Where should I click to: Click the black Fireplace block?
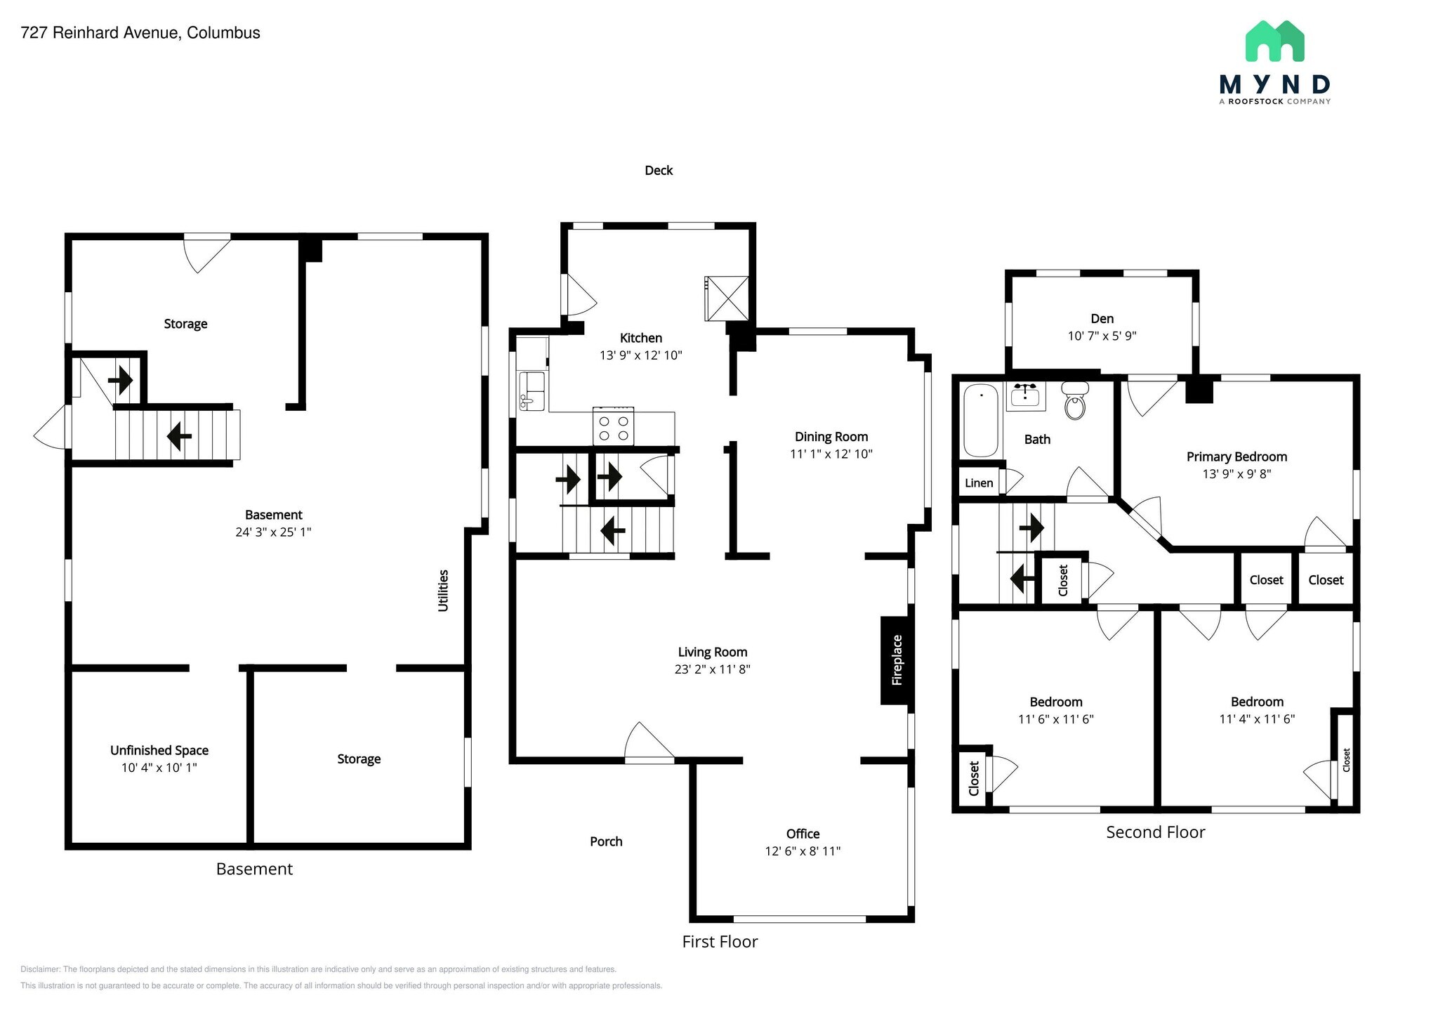(x=896, y=660)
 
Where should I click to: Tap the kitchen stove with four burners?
(x=613, y=427)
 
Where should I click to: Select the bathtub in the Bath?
(x=980, y=420)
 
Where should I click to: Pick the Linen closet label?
(x=979, y=483)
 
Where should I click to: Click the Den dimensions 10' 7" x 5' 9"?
(x=1102, y=336)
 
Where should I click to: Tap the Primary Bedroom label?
(x=1236, y=457)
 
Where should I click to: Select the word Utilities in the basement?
(x=443, y=591)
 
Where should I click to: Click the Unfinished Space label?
(x=159, y=750)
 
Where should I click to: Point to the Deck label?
(x=659, y=171)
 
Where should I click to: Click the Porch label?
(x=606, y=841)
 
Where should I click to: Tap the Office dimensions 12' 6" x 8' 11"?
(x=803, y=851)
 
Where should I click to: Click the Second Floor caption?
(x=1155, y=832)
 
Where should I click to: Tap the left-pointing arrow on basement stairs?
(x=179, y=436)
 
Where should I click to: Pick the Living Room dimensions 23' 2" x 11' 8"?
(x=712, y=669)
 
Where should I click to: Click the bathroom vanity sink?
(x=1026, y=395)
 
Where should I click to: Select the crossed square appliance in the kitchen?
(x=727, y=298)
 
